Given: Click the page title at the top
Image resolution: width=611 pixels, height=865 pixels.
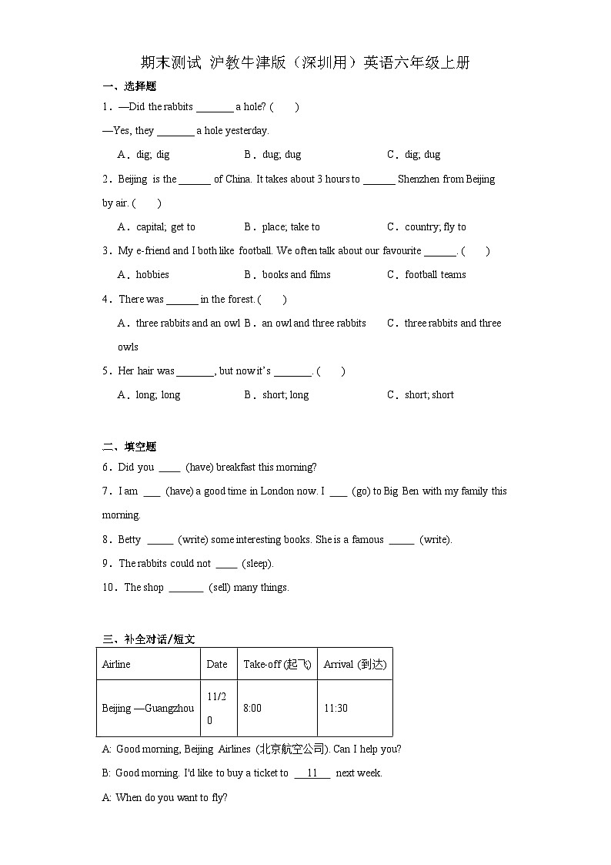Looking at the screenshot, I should pyautogui.click(x=305, y=63).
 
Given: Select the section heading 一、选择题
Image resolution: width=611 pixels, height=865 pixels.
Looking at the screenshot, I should pyautogui.click(x=129, y=86).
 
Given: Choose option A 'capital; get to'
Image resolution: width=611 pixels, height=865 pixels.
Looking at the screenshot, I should pyautogui.click(x=156, y=226).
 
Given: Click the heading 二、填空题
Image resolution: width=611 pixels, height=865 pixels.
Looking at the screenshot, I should pyautogui.click(x=129, y=447).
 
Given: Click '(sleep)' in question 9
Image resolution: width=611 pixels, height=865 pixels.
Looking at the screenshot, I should pyautogui.click(x=258, y=563).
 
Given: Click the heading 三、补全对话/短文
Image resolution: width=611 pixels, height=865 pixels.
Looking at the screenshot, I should pyautogui.click(x=149, y=639).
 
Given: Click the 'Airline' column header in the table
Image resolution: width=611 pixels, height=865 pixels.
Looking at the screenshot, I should pyautogui.click(x=116, y=664).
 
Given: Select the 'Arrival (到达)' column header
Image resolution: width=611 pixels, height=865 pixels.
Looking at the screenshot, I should pyautogui.click(x=355, y=664).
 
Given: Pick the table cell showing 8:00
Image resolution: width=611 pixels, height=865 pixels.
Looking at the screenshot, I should pyautogui.click(x=252, y=708).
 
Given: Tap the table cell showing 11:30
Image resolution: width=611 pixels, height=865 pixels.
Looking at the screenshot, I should pyautogui.click(x=336, y=708).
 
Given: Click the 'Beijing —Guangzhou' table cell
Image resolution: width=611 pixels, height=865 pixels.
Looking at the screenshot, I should pyautogui.click(x=148, y=708).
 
